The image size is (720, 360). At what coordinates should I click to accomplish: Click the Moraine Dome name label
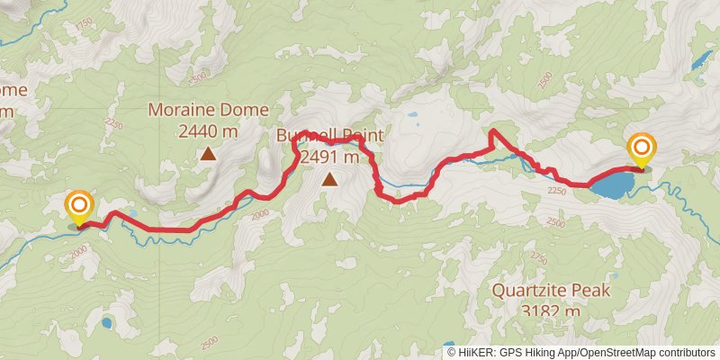coord(209,111)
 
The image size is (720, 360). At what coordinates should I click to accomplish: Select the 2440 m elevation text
coord(209,131)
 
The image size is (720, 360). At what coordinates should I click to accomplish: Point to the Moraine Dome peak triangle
coord(209,154)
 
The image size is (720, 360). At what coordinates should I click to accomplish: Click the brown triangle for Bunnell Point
coord(330,179)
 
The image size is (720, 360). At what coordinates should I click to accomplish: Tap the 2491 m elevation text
coord(329,157)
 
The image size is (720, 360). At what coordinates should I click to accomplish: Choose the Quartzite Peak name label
coord(552,291)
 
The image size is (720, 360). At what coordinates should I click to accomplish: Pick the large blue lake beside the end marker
coord(611,186)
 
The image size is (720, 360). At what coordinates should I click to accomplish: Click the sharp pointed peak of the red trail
coord(493,133)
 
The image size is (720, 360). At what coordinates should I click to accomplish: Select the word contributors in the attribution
coord(686,353)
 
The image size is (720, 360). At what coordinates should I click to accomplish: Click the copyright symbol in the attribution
coord(452,353)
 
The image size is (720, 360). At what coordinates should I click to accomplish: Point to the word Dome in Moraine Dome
coord(248,111)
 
